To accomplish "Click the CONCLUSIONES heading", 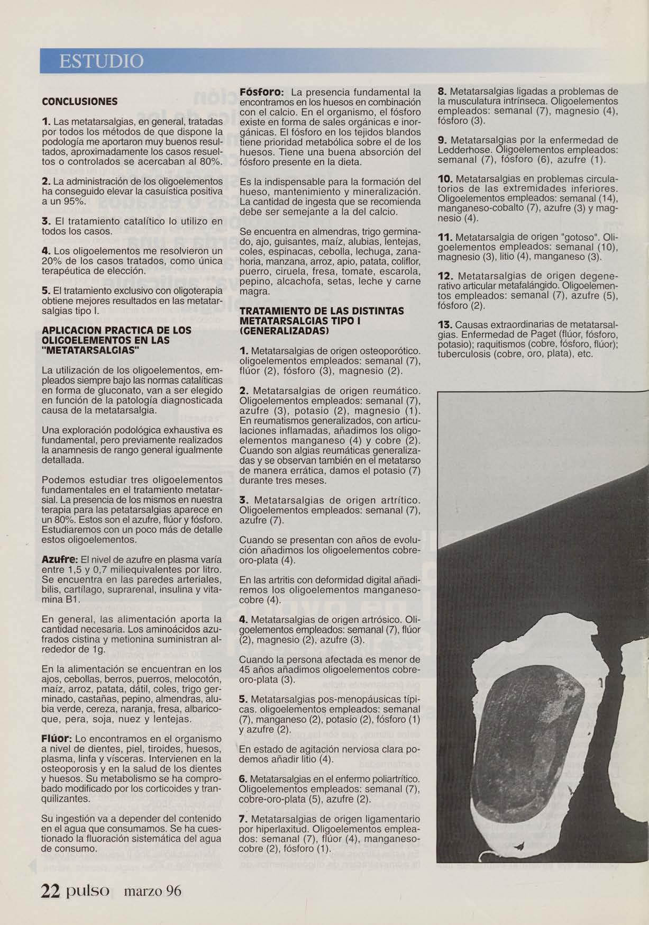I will (x=79, y=102).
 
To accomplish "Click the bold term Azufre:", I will (x=60, y=560).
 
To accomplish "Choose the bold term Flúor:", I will (x=57, y=738).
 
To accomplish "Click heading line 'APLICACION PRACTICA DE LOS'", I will (x=116, y=330).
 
